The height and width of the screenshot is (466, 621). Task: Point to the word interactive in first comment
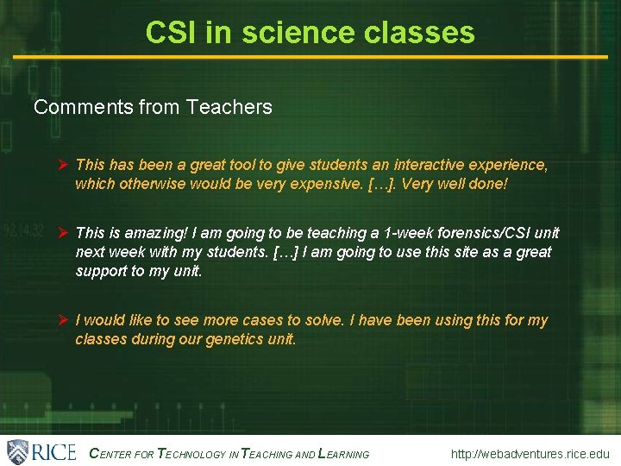coord(429,164)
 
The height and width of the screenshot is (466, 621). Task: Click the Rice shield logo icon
coord(18,451)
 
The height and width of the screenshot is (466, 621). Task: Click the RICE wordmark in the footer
coord(53,451)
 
